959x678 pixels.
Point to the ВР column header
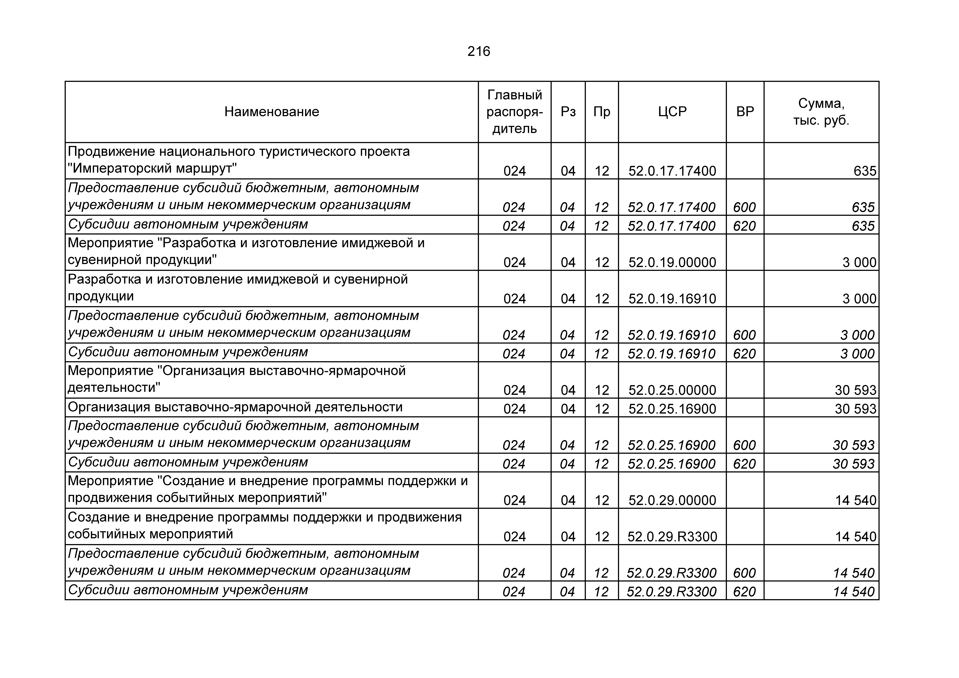[x=745, y=112]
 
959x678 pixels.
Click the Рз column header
[x=568, y=112]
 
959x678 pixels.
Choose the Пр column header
[x=602, y=112]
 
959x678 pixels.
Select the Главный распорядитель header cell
[x=515, y=112]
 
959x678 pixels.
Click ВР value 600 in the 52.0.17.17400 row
[x=744, y=207]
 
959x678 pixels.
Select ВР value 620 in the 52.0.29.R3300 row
[x=744, y=591]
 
